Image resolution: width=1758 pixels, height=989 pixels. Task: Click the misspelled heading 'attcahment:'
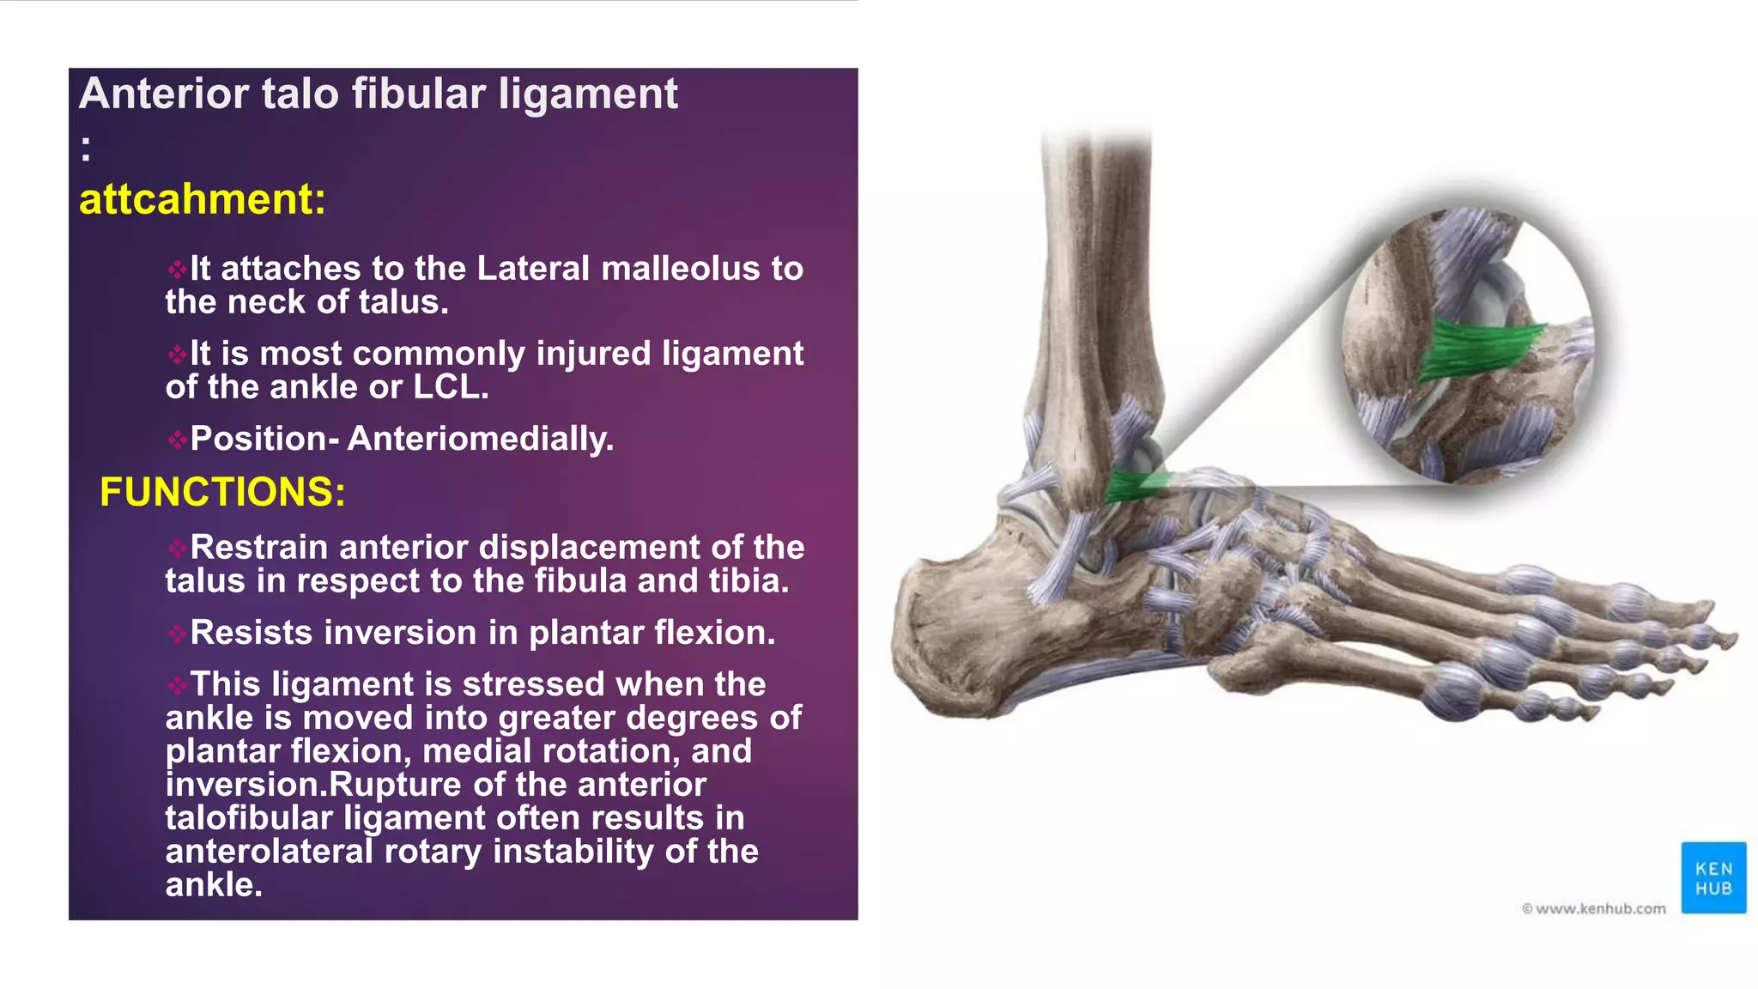tap(203, 199)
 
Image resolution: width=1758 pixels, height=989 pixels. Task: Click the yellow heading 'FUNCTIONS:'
tap(222, 492)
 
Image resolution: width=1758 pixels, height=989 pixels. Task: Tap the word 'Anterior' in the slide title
tap(163, 94)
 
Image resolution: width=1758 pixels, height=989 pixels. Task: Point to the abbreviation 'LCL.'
tap(451, 387)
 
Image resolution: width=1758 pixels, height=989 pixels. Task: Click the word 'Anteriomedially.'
tap(481, 439)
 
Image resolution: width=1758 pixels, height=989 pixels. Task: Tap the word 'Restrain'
tap(258, 548)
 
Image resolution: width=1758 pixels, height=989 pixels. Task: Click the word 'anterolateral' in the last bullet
tap(269, 852)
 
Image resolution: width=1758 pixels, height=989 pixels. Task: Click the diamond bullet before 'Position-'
tap(177, 440)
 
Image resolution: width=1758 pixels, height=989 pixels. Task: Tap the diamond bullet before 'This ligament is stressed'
tap(177, 685)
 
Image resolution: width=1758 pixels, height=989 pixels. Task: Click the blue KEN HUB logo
tap(1713, 877)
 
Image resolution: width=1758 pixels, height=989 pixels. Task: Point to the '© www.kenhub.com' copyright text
tap(1593, 908)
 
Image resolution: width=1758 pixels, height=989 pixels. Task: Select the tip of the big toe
tap(1725, 640)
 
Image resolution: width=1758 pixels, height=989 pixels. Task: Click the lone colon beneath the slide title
tap(86, 148)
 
